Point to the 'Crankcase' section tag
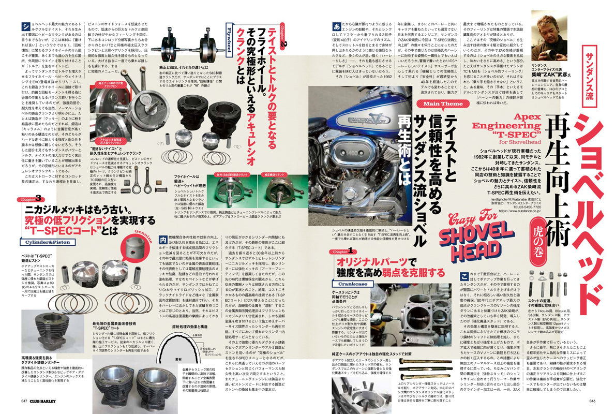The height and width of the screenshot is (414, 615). pyautogui.click(x=352, y=284)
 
